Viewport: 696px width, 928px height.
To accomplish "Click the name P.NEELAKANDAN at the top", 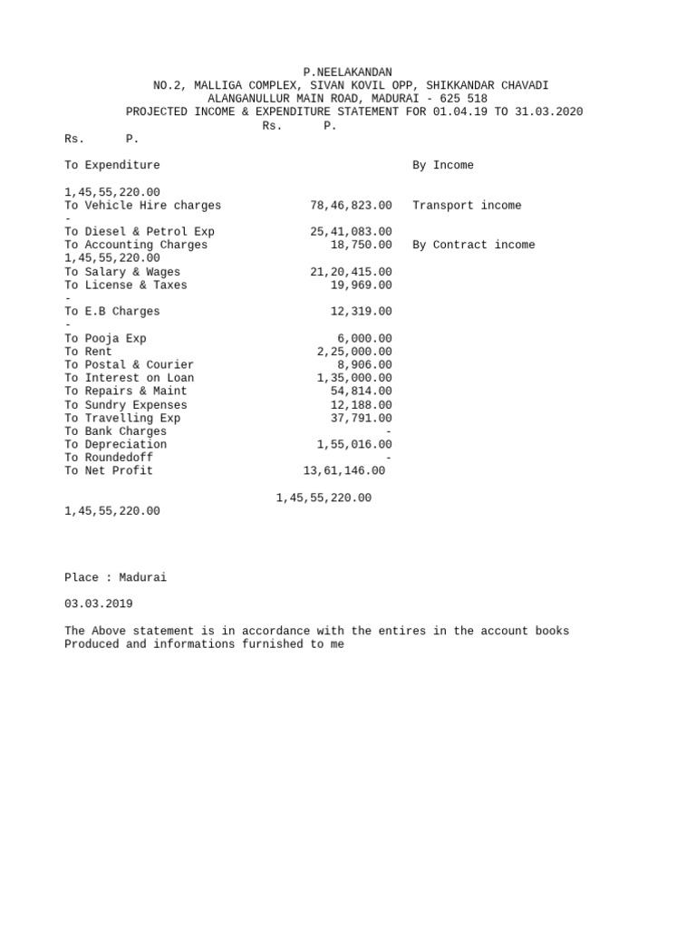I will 347,72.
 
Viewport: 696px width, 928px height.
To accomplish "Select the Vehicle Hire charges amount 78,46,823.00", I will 351,206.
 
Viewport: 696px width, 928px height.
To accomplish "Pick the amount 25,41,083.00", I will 351,232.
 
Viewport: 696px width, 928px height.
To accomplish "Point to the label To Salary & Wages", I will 122,272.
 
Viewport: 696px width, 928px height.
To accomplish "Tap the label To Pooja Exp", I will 105,339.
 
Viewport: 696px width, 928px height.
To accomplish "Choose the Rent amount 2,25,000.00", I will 354,352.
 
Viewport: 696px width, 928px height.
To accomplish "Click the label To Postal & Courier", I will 129,365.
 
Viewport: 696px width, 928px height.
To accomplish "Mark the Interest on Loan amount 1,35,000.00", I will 354,378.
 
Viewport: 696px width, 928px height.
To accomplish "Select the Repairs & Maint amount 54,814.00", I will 361,391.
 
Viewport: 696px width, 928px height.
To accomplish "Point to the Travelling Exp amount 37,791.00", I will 361,418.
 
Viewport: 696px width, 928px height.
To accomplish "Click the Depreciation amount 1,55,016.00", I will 354,445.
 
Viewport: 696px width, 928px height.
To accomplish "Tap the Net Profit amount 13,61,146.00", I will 343,471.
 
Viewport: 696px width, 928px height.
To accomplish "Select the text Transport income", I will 467,206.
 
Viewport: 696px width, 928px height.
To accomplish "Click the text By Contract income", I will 473,245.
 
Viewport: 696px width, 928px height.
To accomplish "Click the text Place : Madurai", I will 115,577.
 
